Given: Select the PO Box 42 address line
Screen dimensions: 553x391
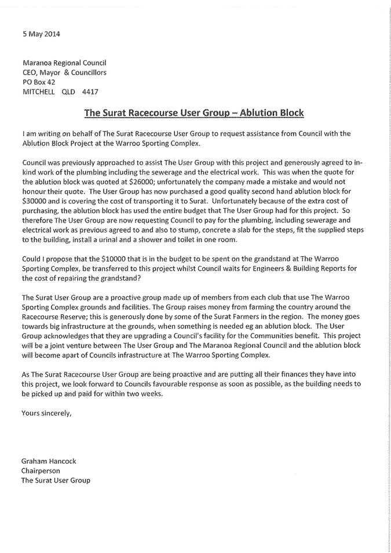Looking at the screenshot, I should pyautogui.click(x=38, y=82).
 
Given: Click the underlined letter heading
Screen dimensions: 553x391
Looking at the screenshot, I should pyautogui.click(x=194, y=112).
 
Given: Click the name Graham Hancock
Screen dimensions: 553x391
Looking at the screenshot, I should pyautogui.click(x=49, y=461).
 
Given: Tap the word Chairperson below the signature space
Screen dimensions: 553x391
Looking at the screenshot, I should pyautogui.click(x=41, y=471).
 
